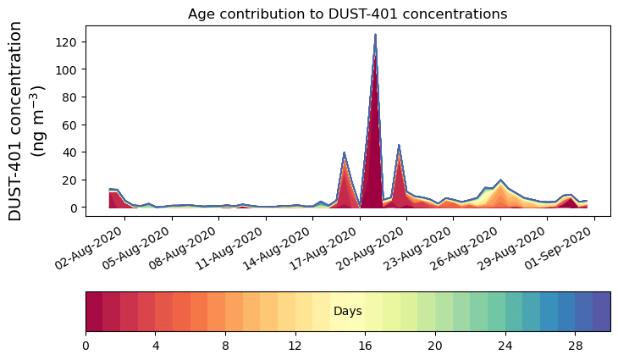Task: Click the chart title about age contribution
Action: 347,14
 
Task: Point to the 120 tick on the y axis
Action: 73,42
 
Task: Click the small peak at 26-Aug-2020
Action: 500,180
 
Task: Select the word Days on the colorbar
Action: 347,312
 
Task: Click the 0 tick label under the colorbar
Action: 86,346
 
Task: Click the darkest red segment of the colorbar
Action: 94,312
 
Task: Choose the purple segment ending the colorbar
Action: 601,312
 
